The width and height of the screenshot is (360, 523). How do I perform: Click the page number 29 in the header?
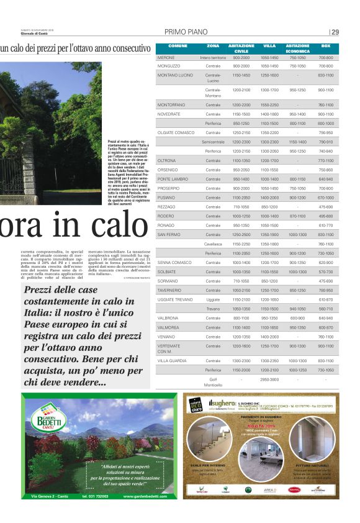(335, 32)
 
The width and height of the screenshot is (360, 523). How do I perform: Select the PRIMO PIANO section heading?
(186, 32)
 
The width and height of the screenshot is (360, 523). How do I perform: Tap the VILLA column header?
(269, 47)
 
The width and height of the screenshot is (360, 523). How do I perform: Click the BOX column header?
(326, 47)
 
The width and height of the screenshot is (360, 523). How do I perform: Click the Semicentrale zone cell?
(213, 142)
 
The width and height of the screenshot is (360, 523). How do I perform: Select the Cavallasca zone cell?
(213, 243)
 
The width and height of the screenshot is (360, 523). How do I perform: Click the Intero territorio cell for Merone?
(213, 57)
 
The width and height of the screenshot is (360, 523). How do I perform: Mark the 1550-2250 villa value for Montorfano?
(269, 105)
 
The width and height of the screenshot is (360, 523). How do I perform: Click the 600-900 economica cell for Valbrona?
(297, 318)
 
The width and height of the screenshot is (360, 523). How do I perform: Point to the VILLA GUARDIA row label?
(172, 360)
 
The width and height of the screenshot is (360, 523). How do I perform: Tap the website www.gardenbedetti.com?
(145, 496)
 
